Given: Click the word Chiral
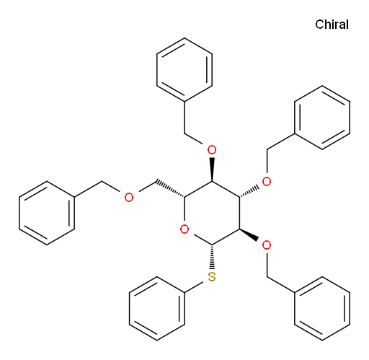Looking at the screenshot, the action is pos(332,25).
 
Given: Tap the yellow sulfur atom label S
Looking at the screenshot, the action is pos(212,277).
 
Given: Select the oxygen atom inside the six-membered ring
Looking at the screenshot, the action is pos(184,229).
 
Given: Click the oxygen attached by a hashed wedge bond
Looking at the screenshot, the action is pos(267,181).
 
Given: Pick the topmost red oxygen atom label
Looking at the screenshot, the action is pos(212,150).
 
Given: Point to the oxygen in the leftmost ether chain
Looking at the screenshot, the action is pos(129,197).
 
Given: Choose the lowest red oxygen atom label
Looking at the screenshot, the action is pos(267,245).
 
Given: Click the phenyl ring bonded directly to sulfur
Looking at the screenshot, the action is pos(157,309).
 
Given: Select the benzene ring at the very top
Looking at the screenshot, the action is pos(184,70).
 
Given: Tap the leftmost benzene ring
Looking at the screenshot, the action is pos(47,213).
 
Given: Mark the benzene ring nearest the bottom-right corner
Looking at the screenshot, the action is pos(322,309).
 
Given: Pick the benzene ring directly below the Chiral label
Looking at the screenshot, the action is pos(322,118).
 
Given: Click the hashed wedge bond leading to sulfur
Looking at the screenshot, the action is pos(212,257).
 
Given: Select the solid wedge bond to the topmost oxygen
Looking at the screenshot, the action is pos(212,170).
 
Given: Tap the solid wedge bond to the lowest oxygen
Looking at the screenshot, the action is pos(249,234).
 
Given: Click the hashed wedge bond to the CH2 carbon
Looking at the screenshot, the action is pos(170,188).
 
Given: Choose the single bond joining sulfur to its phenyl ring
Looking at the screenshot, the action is pos(194,287).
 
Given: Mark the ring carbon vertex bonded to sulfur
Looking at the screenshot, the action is pos(212,245).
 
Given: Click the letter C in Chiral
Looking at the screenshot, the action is pos(319,25).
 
